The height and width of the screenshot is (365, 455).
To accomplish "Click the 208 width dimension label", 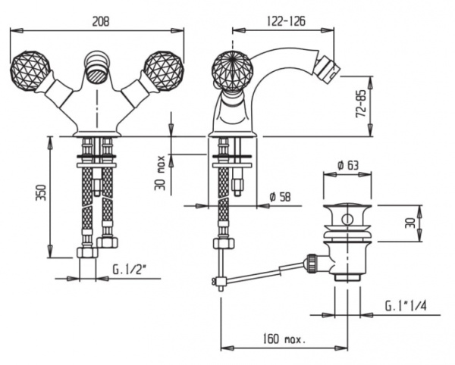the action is (101, 21).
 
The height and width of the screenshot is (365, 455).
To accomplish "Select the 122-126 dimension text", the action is (286, 21).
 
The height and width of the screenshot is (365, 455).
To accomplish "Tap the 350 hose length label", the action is (41, 192).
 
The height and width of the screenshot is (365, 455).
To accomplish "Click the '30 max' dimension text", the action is (160, 173).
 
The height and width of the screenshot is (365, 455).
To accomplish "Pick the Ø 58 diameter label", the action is (280, 197).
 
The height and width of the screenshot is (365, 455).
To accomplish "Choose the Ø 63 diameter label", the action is (348, 165).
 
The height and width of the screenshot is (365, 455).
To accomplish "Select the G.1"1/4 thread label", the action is (406, 306).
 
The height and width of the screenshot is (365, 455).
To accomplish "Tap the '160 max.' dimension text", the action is (284, 338).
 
